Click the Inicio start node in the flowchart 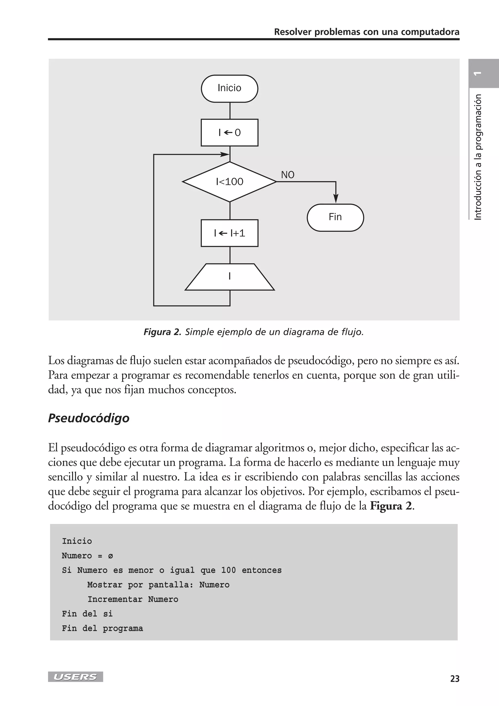(x=230, y=89)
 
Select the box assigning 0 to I (x=230, y=132)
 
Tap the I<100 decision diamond (x=230, y=182)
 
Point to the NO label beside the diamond (x=288, y=175)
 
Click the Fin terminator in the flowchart (x=335, y=217)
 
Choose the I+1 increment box (x=230, y=233)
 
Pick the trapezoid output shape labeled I (x=230, y=277)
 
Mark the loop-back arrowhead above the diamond (x=225, y=154)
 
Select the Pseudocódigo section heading (x=89, y=418)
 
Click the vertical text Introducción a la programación (x=478, y=157)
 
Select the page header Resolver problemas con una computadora (x=366, y=32)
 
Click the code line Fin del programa (x=102, y=628)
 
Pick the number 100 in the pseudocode (x=228, y=570)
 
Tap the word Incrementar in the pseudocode (x=115, y=599)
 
